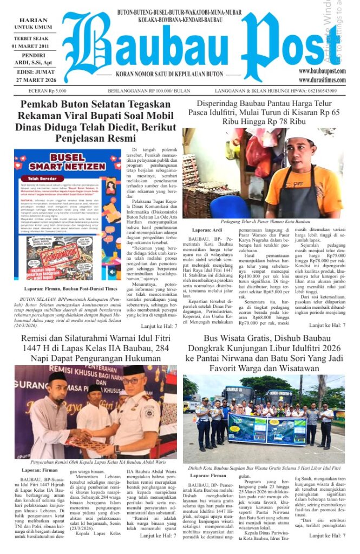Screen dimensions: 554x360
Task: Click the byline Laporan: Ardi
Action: pyautogui.click(x=207, y=230)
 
